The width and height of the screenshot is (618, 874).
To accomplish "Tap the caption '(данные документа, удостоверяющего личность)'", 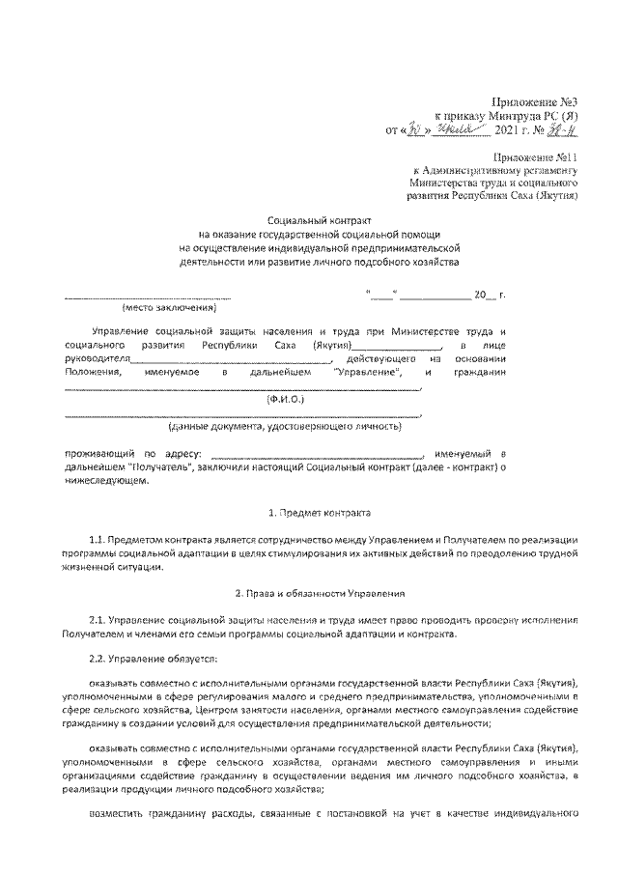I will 284,425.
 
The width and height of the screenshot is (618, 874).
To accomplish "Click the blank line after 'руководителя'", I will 224,358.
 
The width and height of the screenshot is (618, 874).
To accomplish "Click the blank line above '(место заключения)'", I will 148,294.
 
